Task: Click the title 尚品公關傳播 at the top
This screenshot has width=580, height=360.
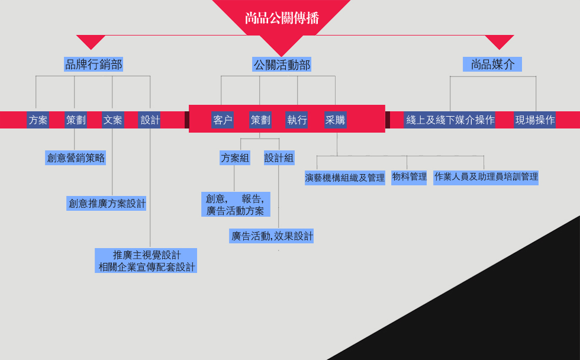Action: pos(282,18)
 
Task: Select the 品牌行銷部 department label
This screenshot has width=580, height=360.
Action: pos(94,65)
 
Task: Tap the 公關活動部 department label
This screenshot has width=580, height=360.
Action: pos(282,65)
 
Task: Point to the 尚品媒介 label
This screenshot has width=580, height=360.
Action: pos(492,65)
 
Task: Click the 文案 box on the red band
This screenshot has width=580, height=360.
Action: pos(112,120)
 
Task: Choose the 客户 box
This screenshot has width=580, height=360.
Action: pos(223,120)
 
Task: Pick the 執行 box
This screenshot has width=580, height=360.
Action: pos(297,120)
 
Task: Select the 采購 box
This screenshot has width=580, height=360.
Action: pos(335,120)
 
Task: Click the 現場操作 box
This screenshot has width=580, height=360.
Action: pos(535,120)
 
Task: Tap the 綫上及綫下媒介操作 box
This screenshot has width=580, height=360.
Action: pos(450,120)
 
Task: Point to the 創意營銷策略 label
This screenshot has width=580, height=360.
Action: pos(76,157)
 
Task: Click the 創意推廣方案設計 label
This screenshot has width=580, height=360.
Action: pos(107,204)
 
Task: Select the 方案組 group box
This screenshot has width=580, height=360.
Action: pos(235,158)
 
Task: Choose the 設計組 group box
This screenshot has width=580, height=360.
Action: pos(279,158)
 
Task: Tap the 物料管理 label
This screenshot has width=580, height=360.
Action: pos(409,177)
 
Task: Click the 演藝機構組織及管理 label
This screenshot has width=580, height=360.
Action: pos(345,178)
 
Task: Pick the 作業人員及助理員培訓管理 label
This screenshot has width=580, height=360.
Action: pos(486,177)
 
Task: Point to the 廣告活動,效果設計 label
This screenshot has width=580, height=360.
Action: pos(272,236)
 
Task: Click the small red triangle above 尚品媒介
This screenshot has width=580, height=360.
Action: pos(500,41)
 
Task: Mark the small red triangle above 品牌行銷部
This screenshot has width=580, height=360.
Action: pos(91,41)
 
